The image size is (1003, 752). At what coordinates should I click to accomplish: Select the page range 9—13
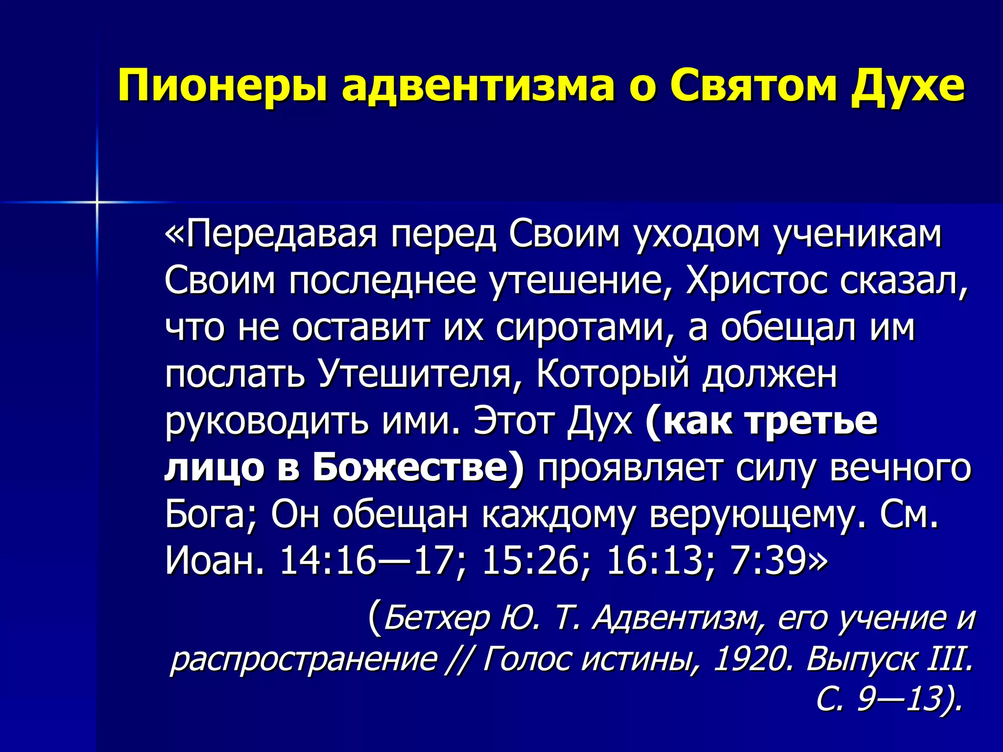click(906, 700)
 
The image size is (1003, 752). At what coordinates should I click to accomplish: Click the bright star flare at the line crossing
click(97, 202)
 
